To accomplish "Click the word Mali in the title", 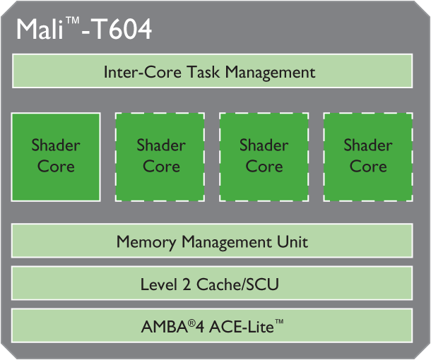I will pyautogui.click(x=40, y=30).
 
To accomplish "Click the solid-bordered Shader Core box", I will pyautogui.click(x=56, y=156).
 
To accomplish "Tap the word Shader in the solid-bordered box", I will pyautogui.click(x=56, y=146).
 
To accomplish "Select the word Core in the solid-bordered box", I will pyautogui.click(x=56, y=167).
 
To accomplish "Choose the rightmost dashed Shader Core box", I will pyautogui.click(x=368, y=156).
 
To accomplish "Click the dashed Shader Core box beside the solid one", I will pyautogui.click(x=161, y=156).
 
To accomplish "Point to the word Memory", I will pyautogui.click(x=146, y=242).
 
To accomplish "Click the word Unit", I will pyautogui.click(x=293, y=242).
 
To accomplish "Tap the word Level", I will pyautogui.click(x=158, y=284).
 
